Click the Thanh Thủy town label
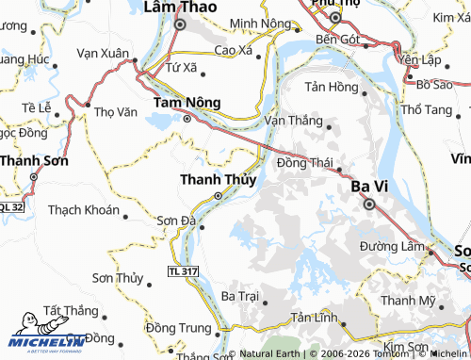216,179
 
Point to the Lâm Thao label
179,7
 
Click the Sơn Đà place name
174,221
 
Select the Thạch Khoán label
83,209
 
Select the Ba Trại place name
238,295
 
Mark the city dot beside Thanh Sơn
33,177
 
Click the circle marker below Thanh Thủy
219,196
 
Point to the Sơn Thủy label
117,278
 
